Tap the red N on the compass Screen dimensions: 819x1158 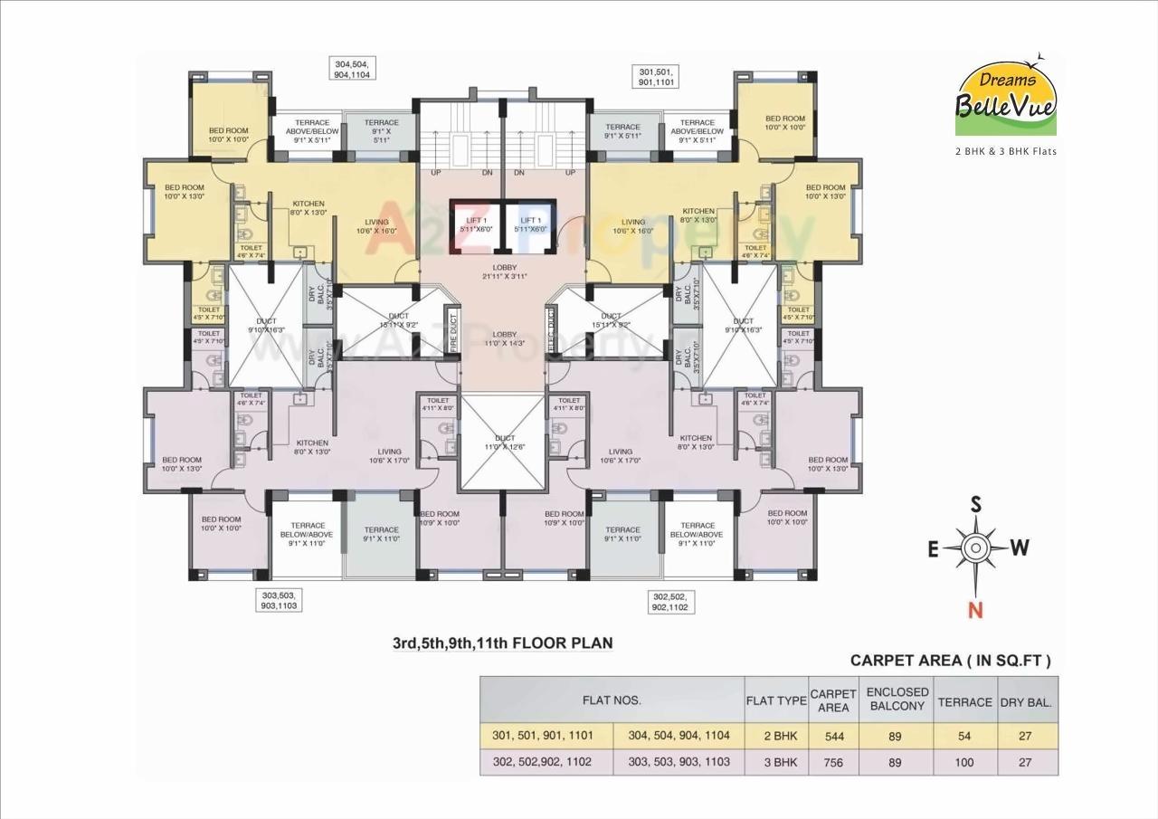coord(975,610)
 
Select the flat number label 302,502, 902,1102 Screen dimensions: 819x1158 coord(670,602)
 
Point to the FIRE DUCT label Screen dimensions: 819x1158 coord(454,332)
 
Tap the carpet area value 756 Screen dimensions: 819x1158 coord(833,762)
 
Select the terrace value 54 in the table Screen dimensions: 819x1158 coord(964,736)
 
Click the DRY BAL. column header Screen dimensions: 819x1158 coord(1026,700)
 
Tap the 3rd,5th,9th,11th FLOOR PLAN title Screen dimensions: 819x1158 coord(502,643)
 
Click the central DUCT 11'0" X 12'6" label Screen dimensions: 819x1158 coord(504,442)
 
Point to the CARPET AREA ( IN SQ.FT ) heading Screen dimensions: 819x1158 coord(951,661)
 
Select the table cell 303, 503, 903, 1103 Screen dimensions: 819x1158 coord(679,762)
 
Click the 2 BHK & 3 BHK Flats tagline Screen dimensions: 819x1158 coord(1006,151)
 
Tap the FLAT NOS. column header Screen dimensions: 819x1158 coord(612,700)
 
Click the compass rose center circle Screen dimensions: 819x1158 coord(975,548)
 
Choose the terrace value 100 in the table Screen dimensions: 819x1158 coord(964,762)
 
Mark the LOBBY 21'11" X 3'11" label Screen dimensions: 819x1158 coord(504,271)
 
